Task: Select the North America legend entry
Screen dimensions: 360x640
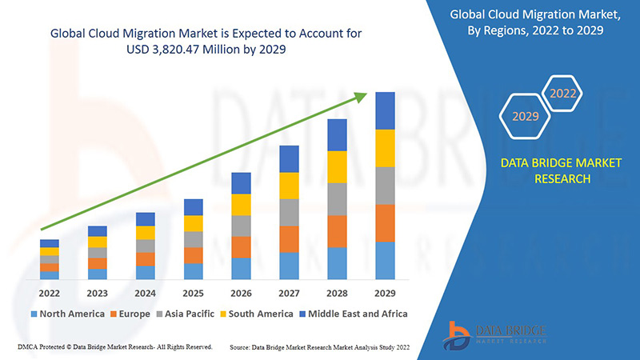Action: [67, 314]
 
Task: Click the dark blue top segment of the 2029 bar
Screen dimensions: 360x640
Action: [386, 110]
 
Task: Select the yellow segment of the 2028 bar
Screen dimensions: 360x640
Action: [337, 166]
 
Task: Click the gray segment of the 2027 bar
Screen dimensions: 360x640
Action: [289, 212]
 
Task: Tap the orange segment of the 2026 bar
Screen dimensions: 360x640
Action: [241, 246]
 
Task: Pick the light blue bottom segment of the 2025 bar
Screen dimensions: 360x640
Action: [193, 271]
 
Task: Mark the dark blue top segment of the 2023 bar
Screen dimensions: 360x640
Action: [97, 231]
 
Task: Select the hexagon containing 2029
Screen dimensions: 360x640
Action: [526, 117]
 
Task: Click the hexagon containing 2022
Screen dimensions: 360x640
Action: [562, 94]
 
